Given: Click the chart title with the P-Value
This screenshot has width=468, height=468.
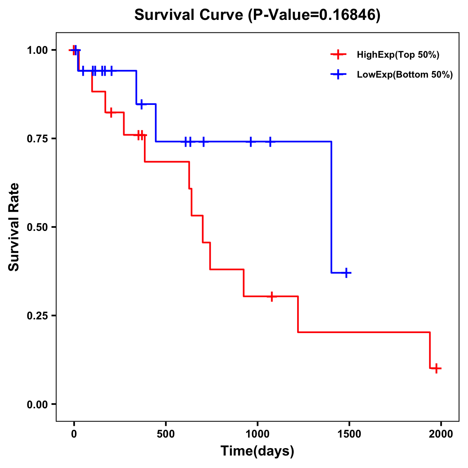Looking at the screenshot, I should click(x=257, y=15).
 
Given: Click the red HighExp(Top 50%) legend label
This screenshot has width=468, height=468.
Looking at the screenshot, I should click(x=398, y=55).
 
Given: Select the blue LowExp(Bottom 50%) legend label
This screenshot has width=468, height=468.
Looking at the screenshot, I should click(x=404, y=75).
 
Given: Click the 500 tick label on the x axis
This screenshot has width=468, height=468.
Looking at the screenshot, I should click(x=166, y=434).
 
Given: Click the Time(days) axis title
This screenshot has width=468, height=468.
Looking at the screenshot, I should click(x=257, y=451).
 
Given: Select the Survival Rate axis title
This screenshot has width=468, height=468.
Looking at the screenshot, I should click(x=14, y=227).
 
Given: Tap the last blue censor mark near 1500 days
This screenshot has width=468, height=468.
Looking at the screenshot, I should click(x=346, y=273).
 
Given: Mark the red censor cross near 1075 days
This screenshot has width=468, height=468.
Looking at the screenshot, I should click(x=271, y=296).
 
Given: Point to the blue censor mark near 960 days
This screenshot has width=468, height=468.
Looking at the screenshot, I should click(x=250, y=142).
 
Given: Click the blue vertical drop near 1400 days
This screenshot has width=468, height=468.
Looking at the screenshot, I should click(x=331, y=207).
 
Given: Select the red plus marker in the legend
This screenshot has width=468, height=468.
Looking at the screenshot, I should click(x=338, y=55).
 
